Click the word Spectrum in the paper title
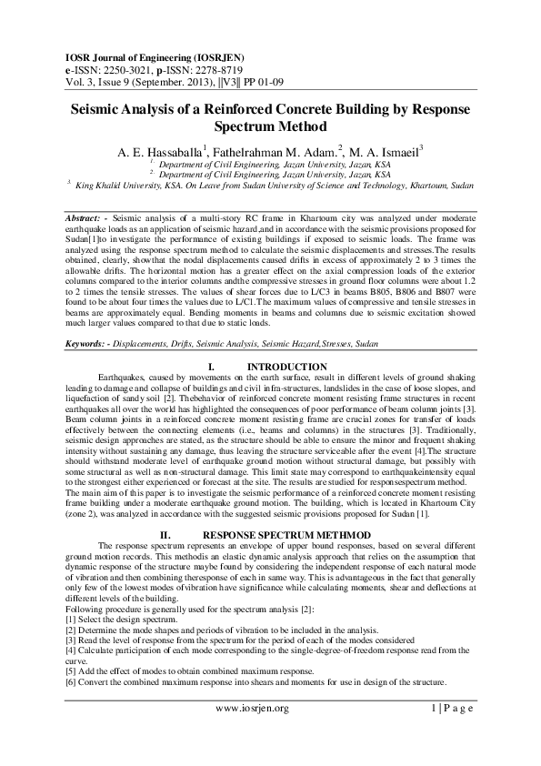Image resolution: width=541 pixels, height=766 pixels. click(x=230, y=126)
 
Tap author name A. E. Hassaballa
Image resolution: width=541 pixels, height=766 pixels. click(x=155, y=151)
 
